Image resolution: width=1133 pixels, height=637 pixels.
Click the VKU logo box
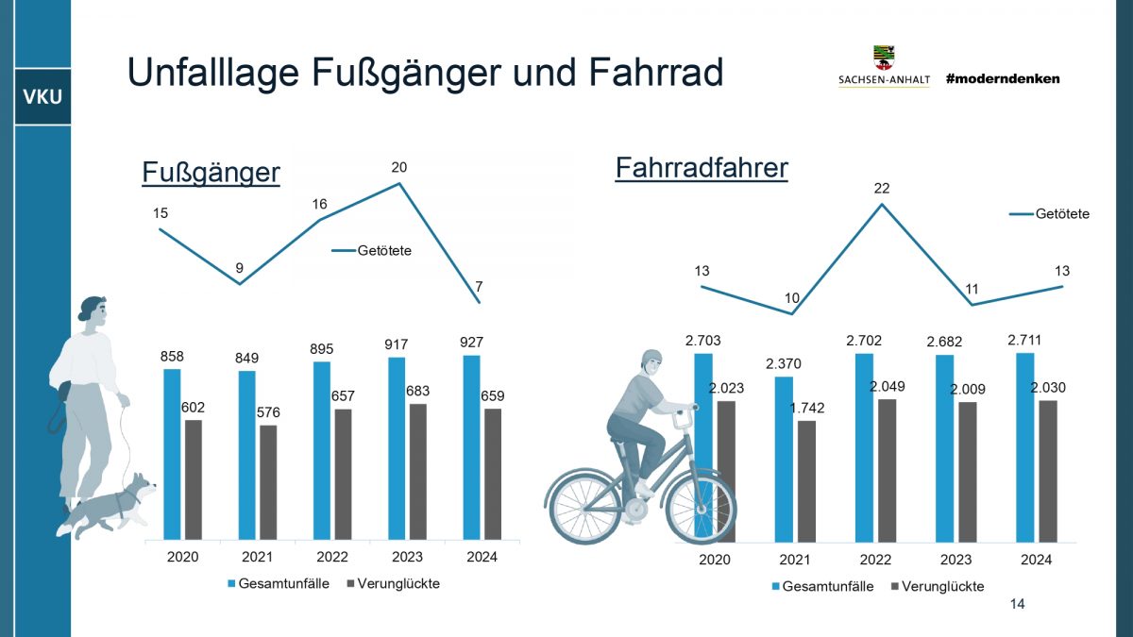[42, 98]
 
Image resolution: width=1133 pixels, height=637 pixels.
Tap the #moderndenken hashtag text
[1002, 79]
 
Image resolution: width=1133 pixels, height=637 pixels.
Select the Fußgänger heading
[211, 173]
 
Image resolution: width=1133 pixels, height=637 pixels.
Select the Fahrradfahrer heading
[701, 168]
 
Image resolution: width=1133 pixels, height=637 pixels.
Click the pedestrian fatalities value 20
[398, 167]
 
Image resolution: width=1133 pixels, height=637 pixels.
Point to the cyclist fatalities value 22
[881, 189]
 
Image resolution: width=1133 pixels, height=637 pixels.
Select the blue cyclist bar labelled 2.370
[784, 460]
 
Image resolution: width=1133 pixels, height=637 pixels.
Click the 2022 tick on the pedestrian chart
[332, 557]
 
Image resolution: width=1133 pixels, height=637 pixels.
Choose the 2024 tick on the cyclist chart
[1036, 560]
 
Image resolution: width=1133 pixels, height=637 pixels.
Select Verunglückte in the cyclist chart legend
[942, 586]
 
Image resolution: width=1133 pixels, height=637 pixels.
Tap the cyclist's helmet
[651, 359]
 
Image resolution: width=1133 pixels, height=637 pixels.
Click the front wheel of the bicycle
[700, 508]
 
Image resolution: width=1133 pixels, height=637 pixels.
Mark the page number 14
[1017, 604]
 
